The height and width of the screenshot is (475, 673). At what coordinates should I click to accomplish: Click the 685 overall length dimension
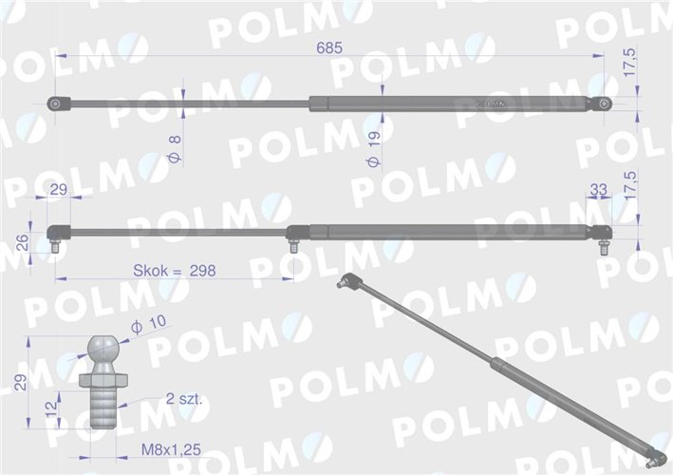330,47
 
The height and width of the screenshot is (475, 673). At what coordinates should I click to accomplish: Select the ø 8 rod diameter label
175,147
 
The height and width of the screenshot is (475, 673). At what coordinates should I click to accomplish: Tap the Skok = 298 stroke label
177,271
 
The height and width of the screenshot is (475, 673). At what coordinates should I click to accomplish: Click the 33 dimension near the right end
598,191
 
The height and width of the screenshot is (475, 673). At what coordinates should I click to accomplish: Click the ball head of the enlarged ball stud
102,347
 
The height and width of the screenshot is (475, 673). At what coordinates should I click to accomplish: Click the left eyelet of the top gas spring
57,104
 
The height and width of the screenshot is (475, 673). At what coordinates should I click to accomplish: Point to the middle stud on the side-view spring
293,246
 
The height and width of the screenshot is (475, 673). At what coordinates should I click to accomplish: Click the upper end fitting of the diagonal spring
348,281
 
